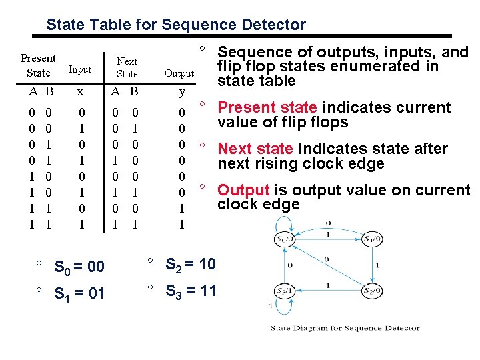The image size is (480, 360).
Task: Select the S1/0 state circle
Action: coord(371,239)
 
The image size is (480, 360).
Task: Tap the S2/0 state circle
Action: coord(371,291)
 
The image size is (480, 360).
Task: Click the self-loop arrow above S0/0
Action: coord(286,222)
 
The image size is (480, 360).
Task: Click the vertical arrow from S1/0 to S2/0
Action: coord(372,265)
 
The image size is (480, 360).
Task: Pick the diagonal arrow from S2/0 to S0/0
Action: coord(327,265)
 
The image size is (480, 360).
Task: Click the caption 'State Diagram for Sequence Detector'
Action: coord(345,327)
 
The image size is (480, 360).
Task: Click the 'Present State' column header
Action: coord(38,65)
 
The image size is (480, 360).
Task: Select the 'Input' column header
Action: coord(80,69)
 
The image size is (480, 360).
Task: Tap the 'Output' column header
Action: coord(179,73)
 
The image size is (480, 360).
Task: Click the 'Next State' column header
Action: coord(127,67)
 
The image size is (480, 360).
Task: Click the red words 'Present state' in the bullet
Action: coord(268,107)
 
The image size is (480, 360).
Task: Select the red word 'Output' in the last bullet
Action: coord(243,190)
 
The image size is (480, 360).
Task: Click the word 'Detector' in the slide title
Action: coord(275,25)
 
